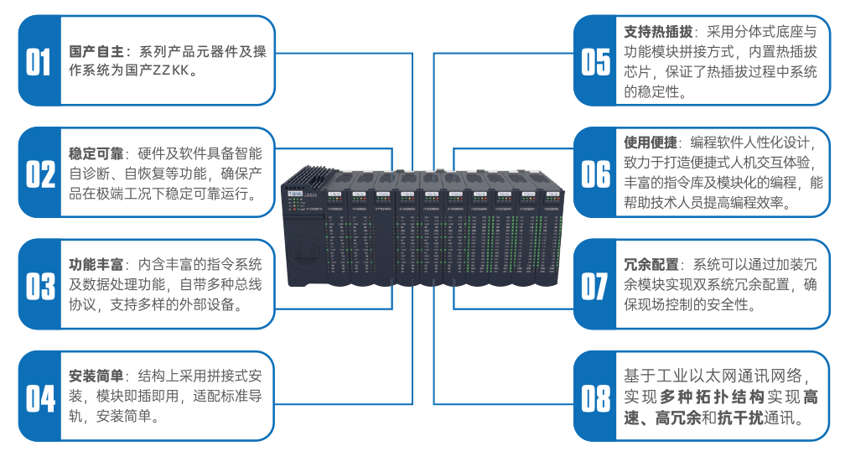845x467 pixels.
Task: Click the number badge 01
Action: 39,61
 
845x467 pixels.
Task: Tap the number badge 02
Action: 39,173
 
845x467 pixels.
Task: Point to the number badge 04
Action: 39,397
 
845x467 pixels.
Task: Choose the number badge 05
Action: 596,61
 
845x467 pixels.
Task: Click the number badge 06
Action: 596,173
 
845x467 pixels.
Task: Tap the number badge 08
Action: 596,397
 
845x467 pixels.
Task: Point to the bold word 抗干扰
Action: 739,418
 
